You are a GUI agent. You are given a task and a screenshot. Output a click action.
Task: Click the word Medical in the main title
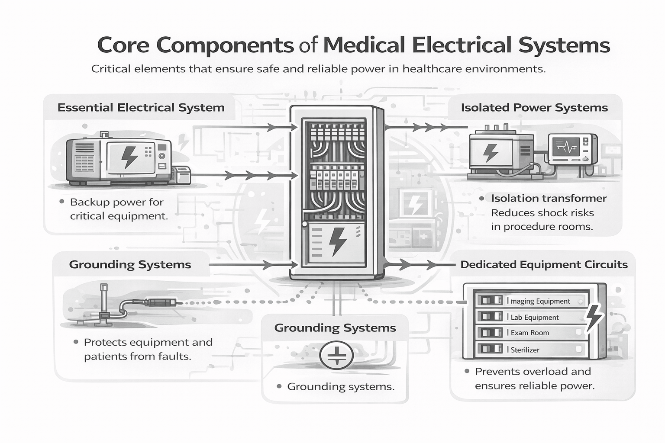(x=364, y=45)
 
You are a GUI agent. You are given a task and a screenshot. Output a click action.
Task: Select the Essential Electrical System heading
(x=141, y=107)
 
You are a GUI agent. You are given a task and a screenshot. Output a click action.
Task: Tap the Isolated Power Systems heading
(x=534, y=107)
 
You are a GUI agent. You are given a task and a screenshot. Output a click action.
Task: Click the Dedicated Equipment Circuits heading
(x=544, y=264)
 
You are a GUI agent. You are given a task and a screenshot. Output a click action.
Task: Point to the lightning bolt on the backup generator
(x=129, y=157)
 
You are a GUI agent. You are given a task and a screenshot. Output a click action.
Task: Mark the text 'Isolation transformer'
(x=549, y=198)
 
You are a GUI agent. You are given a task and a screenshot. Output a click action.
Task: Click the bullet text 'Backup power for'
(x=116, y=202)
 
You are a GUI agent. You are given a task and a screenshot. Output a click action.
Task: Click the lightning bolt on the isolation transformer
(x=490, y=152)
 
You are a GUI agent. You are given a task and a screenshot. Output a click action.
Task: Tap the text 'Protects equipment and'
(x=148, y=342)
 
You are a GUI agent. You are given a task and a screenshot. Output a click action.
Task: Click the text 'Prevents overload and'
(x=533, y=371)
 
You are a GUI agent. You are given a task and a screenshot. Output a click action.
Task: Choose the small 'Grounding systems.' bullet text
(x=341, y=386)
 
